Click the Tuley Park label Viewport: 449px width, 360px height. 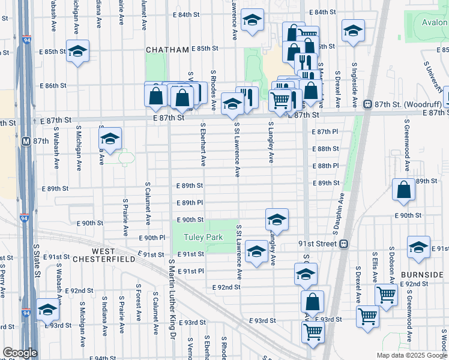click(x=203, y=237)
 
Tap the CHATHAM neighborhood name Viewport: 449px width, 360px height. click(x=167, y=50)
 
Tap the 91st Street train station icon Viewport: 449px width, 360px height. click(x=344, y=244)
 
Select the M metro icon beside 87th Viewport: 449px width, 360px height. click(x=26, y=142)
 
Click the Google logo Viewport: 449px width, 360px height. click(x=20, y=352)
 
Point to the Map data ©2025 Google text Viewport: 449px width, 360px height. click(x=411, y=355)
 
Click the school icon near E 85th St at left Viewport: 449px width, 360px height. click(x=77, y=52)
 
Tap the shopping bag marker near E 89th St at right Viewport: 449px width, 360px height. click(x=404, y=190)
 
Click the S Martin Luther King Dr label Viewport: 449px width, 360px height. click(x=171, y=295)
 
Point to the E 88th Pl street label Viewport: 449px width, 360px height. click(x=326, y=166)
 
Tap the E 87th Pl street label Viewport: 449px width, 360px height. click(x=326, y=131)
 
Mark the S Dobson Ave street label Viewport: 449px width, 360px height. click(x=391, y=273)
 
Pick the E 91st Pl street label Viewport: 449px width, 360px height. click(x=193, y=271)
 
